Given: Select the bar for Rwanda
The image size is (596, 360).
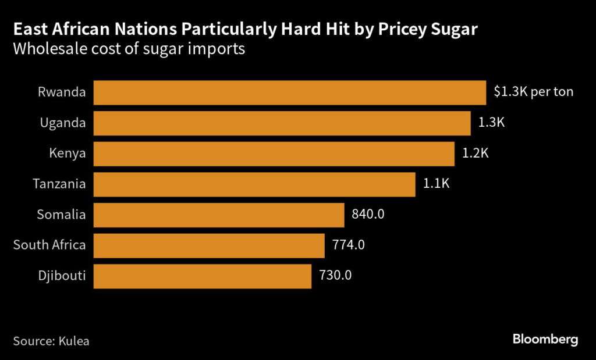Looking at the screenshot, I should (x=289, y=92).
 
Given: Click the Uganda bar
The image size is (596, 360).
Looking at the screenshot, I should (x=282, y=123).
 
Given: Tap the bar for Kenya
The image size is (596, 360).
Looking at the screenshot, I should (x=274, y=154).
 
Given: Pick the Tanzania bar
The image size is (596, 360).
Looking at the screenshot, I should (x=254, y=184).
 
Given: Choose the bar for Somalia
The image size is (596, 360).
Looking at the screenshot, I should (x=219, y=215).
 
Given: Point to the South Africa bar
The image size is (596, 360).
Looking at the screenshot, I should (x=209, y=245).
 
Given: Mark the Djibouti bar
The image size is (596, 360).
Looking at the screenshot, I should (x=202, y=276).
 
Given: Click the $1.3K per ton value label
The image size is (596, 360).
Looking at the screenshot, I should (x=533, y=92).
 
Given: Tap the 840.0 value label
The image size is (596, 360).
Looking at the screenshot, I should (x=368, y=215).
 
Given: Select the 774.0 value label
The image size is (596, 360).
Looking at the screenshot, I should (x=348, y=245).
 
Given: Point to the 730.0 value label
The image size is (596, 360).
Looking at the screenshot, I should (x=335, y=276).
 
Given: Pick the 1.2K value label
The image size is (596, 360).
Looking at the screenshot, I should (x=476, y=154).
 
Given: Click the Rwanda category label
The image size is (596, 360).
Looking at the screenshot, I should (x=62, y=92).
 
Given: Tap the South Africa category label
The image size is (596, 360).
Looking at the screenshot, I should (x=49, y=245).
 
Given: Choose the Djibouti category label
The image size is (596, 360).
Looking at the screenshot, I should (x=61, y=276).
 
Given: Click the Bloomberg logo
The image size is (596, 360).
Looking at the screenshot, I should (x=545, y=340).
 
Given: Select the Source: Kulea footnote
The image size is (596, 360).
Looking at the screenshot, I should (x=51, y=341).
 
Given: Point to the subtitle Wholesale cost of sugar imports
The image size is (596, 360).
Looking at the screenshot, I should (x=129, y=49).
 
